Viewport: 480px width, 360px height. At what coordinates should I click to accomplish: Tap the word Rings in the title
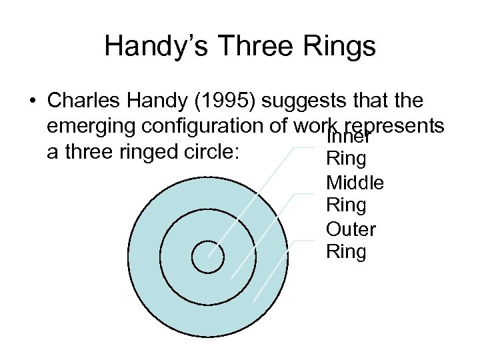[341, 47]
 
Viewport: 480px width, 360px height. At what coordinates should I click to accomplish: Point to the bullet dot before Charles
[32, 102]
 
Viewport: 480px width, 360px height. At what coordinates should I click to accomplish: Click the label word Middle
[355, 183]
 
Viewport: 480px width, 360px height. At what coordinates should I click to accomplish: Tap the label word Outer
[351, 229]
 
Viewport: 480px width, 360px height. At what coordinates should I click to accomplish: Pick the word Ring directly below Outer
[346, 252]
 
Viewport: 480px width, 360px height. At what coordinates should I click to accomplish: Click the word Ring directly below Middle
[346, 205]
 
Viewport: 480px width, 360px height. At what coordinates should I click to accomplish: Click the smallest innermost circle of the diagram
[208, 256]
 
